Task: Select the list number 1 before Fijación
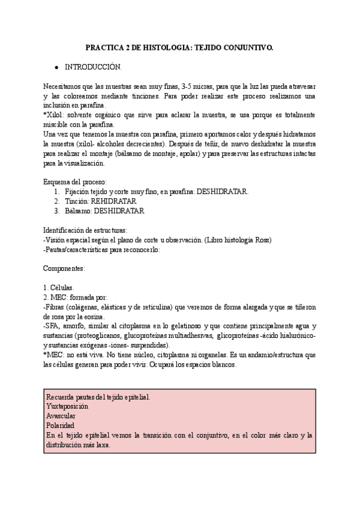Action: pyautogui.click(x=56, y=191)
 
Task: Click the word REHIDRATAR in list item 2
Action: pyautogui.click(x=114, y=201)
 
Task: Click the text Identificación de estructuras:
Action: pyautogui.click(x=85, y=230)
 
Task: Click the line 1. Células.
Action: pyautogui.click(x=58, y=288)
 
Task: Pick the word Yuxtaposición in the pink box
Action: pyautogui.click(x=67, y=406)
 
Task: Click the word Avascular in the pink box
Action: pyautogui.click(x=61, y=415)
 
